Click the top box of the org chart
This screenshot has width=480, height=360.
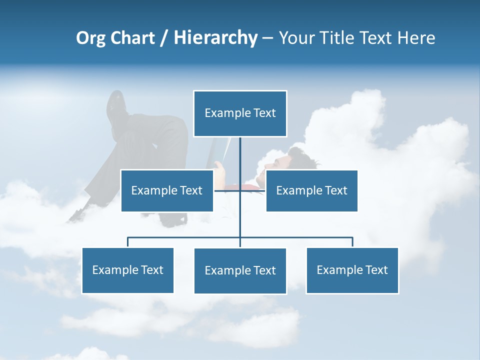[240, 113]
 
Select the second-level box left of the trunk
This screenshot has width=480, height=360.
[167, 190]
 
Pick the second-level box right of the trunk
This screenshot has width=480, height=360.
[311, 190]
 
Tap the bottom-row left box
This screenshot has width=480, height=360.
[127, 270]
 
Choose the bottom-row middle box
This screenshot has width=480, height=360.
[240, 271]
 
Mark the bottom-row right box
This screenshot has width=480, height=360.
[352, 270]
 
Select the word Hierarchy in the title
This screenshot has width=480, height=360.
[215, 38]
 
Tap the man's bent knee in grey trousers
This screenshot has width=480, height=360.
[172, 127]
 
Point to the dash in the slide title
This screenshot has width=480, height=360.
[267, 38]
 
